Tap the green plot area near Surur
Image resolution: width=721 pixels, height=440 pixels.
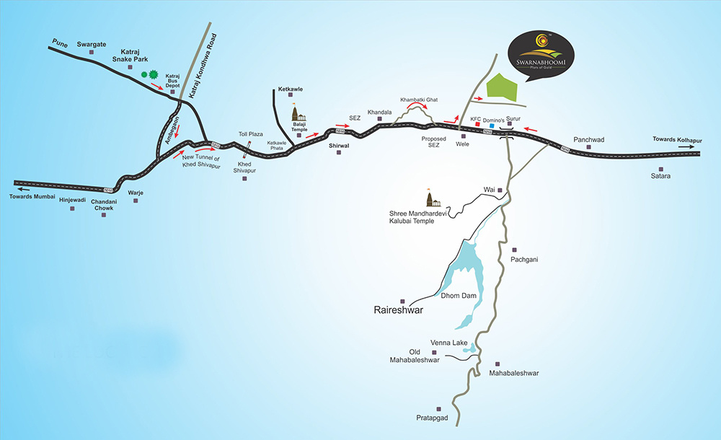point(503,87)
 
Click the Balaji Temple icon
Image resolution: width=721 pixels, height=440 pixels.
point(298,114)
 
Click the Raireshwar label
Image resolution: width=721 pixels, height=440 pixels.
point(399,311)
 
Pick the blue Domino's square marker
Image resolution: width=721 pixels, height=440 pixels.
point(492,126)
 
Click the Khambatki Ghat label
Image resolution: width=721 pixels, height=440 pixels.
point(419,99)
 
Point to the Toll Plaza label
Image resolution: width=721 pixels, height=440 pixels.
point(251,134)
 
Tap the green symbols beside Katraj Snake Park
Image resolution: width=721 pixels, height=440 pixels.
point(149,74)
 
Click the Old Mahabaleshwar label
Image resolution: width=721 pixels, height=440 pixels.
point(415,355)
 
